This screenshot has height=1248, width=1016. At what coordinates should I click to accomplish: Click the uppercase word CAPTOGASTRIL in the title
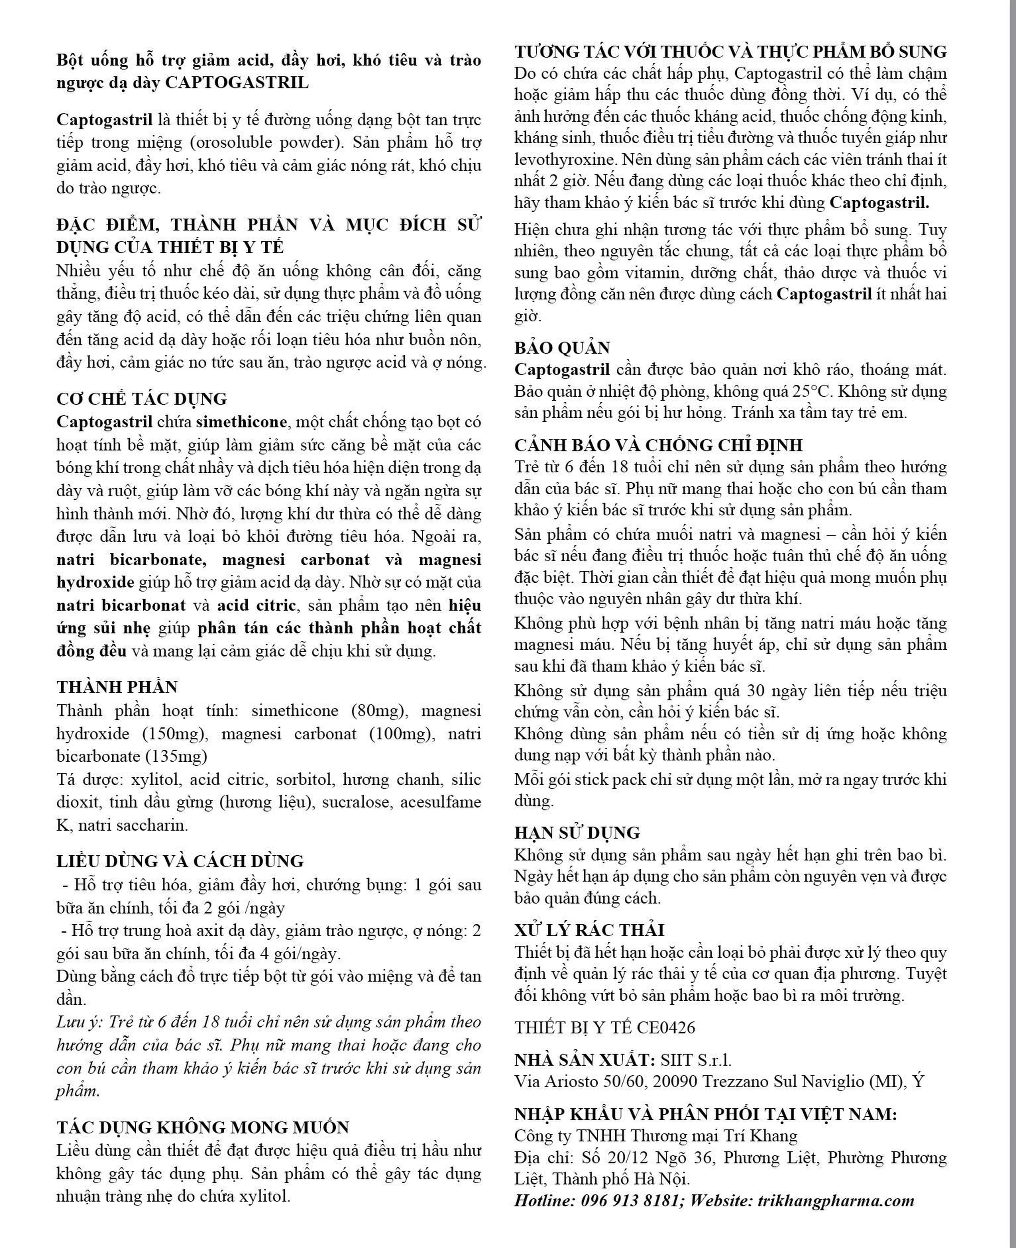click(237, 83)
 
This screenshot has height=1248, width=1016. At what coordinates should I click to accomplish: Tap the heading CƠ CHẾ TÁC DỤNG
click(142, 399)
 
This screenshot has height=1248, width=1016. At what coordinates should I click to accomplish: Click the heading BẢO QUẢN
click(562, 348)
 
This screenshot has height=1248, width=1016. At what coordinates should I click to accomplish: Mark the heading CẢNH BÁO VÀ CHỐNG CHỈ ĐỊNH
click(658, 445)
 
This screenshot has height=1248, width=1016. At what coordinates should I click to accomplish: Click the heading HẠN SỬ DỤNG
click(577, 833)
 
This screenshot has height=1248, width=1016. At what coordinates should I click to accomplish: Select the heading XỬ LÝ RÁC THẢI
click(589, 930)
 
